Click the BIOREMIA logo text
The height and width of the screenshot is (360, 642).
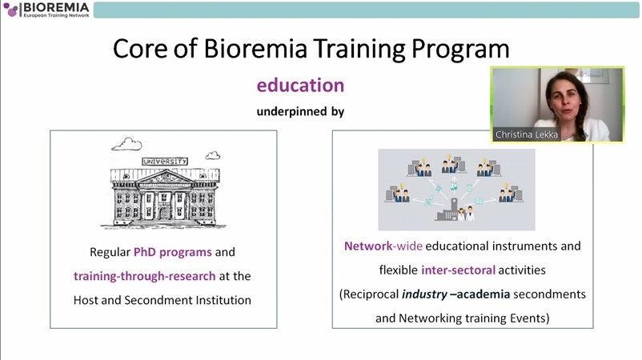(x=56, y=7)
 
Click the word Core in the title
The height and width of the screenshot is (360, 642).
(x=140, y=48)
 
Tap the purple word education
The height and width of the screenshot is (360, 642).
(x=300, y=85)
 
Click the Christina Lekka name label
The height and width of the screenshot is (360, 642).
(x=527, y=134)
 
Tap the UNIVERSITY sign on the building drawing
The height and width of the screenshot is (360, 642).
(x=165, y=161)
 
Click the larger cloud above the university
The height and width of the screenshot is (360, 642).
(x=127, y=144)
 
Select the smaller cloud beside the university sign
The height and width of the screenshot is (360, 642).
(x=212, y=155)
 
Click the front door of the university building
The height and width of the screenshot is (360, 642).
(x=165, y=213)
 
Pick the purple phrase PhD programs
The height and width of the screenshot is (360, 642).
(x=173, y=252)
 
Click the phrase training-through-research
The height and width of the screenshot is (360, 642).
(x=145, y=276)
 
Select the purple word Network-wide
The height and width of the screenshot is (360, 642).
(x=383, y=246)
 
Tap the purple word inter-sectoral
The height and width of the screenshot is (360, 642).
(x=458, y=270)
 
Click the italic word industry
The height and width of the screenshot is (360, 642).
(x=424, y=294)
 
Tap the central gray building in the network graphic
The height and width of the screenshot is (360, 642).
(x=449, y=210)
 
